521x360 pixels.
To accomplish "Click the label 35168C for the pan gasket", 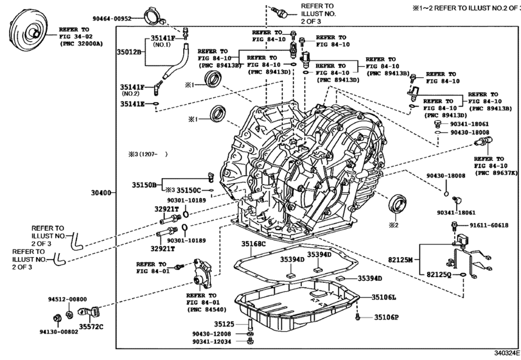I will click(x=253, y=244).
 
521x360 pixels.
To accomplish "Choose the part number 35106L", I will click(x=384, y=297).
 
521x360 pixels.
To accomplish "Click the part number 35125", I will click(x=225, y=324).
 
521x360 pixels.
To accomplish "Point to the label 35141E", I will click(x=132, y=103).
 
